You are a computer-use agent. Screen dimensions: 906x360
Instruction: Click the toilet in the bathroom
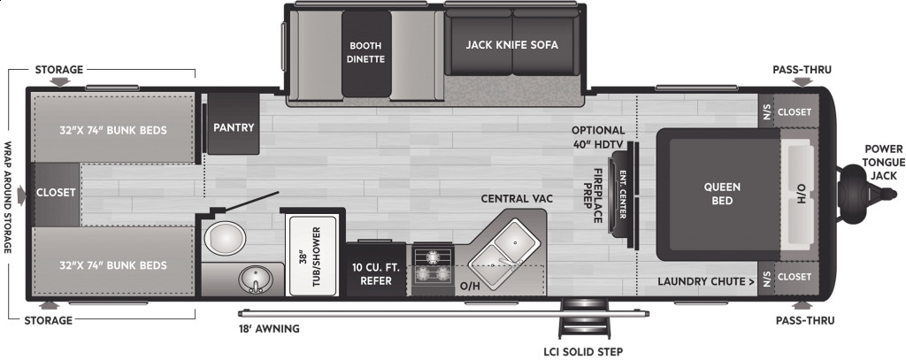pyautogui.click(x=225, y=238)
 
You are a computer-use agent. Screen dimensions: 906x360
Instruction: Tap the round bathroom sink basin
pyautogui.click(x=256, y=280)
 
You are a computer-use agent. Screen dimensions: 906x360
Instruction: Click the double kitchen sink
pyautogui.click(x=503, y=249)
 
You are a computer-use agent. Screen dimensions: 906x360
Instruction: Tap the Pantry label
pyautogui.click(x=234, y=127)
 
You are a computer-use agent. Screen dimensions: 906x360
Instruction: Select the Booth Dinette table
pyautogui.click(x=366, y=54)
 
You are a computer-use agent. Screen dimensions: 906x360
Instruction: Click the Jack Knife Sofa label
pyautogui.click(x=512, y=44)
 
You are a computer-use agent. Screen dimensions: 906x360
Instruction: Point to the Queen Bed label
pyautogui.click(x=722, y=194)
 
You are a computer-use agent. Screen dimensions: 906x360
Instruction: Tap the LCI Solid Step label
pyautogui.click(x=583, y=351)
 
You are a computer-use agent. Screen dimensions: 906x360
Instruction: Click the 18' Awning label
pyautogui.click(x=269, y=329)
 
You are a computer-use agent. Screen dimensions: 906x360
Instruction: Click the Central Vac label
pyautogui.click(x=517, y=199)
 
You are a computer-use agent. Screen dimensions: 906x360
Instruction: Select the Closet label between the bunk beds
pyautogui.click(x=56, y=193)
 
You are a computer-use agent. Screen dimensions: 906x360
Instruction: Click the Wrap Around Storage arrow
pyautogui.click(x=22, y=195)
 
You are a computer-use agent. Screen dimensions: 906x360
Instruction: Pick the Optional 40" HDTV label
pyautogui.click(x=598, y=136)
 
